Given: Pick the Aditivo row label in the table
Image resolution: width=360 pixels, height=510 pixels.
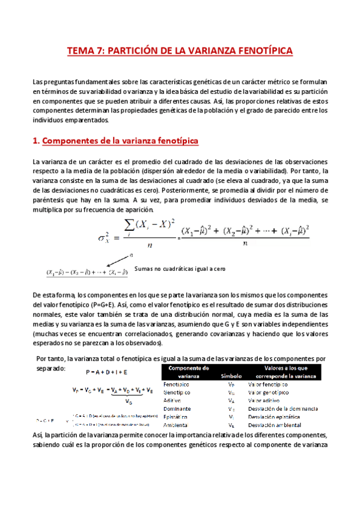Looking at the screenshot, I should [x=173, y=399].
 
